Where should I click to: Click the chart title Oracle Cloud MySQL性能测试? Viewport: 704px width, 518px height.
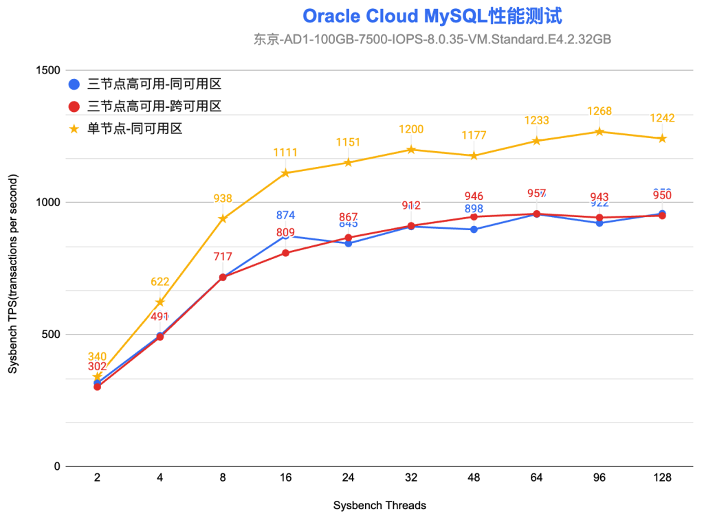tap(432, 16)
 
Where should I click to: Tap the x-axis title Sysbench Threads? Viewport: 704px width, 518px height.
tap(379, 506)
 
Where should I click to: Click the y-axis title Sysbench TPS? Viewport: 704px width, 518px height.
tap(13, 274)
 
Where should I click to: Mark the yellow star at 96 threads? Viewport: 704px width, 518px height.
tap(599, 131)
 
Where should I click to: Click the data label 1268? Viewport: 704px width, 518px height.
tap(599, 111)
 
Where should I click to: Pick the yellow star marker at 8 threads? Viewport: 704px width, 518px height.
tap(223, 218)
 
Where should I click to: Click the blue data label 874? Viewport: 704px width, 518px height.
tap(286, 216)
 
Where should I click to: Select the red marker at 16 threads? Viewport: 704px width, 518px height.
tap(285, 253)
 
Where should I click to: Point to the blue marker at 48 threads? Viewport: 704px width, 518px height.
tap(474, 229)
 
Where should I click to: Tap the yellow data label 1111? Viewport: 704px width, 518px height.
tap(285, 153)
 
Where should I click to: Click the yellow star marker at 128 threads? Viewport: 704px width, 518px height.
tap(662, 138)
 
